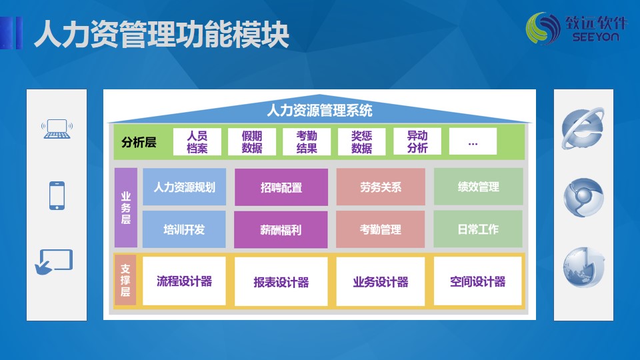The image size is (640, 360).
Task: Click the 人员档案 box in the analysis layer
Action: click(197, 141)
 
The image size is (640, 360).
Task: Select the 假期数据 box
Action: click(252, 141)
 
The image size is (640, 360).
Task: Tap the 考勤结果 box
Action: click(307, 141)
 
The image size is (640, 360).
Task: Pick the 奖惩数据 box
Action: click(361, 141)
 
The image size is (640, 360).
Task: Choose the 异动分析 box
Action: click(417, 141)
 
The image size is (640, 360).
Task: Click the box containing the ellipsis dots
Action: click(473, 141)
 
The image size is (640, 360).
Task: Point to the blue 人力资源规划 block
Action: click(184, 187)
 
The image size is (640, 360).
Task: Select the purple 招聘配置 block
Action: click(281, 187)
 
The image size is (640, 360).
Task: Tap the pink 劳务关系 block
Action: click(381, 187)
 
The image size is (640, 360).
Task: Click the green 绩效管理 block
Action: click(479, 187)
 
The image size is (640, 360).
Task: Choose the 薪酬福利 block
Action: click(281, 230)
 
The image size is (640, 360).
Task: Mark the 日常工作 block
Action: click(478, 229)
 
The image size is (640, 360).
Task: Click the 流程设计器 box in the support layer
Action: click(184, 281)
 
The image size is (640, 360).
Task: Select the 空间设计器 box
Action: click(477, 281)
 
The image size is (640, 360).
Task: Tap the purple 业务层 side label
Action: click(126, 208)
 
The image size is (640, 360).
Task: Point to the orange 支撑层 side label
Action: click(125, 280)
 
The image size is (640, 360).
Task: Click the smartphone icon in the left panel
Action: click(57, 195)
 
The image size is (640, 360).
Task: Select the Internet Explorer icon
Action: click(583, 128)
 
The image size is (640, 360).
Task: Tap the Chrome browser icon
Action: click(583, 197)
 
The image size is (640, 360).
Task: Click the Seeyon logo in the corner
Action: click(576, 28)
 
